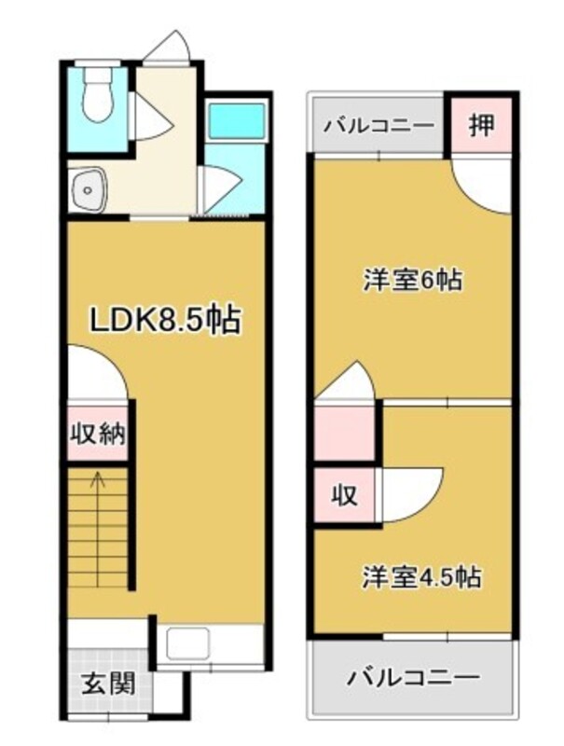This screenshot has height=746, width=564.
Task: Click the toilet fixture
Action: click(x=98, y=95)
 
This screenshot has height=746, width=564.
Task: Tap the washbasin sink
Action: click(x=87, y=190)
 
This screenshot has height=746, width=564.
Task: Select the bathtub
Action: click(x=238, y=121)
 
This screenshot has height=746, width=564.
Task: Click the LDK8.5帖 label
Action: click(x=166, y=320)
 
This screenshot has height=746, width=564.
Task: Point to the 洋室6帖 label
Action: click(x=413, y=280)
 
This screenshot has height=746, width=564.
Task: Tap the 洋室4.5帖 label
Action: click(x=421, y=577)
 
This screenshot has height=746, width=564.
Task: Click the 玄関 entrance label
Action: click(x=109, y=684)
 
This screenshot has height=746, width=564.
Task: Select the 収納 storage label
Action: click(x=98, y=434)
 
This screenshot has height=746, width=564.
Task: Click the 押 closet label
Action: click(x=482, y=125)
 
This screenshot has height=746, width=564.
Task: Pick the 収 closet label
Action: click(x=344, y=496)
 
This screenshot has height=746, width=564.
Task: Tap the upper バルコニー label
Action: click(x=379, y=126)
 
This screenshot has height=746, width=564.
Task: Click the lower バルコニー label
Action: click(x=412, y=677)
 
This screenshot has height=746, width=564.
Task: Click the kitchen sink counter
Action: click(x=210, y=646)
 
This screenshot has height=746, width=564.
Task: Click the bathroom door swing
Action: click(x=220, y=189)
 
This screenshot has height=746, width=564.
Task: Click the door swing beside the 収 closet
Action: click(x=410, y=495)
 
